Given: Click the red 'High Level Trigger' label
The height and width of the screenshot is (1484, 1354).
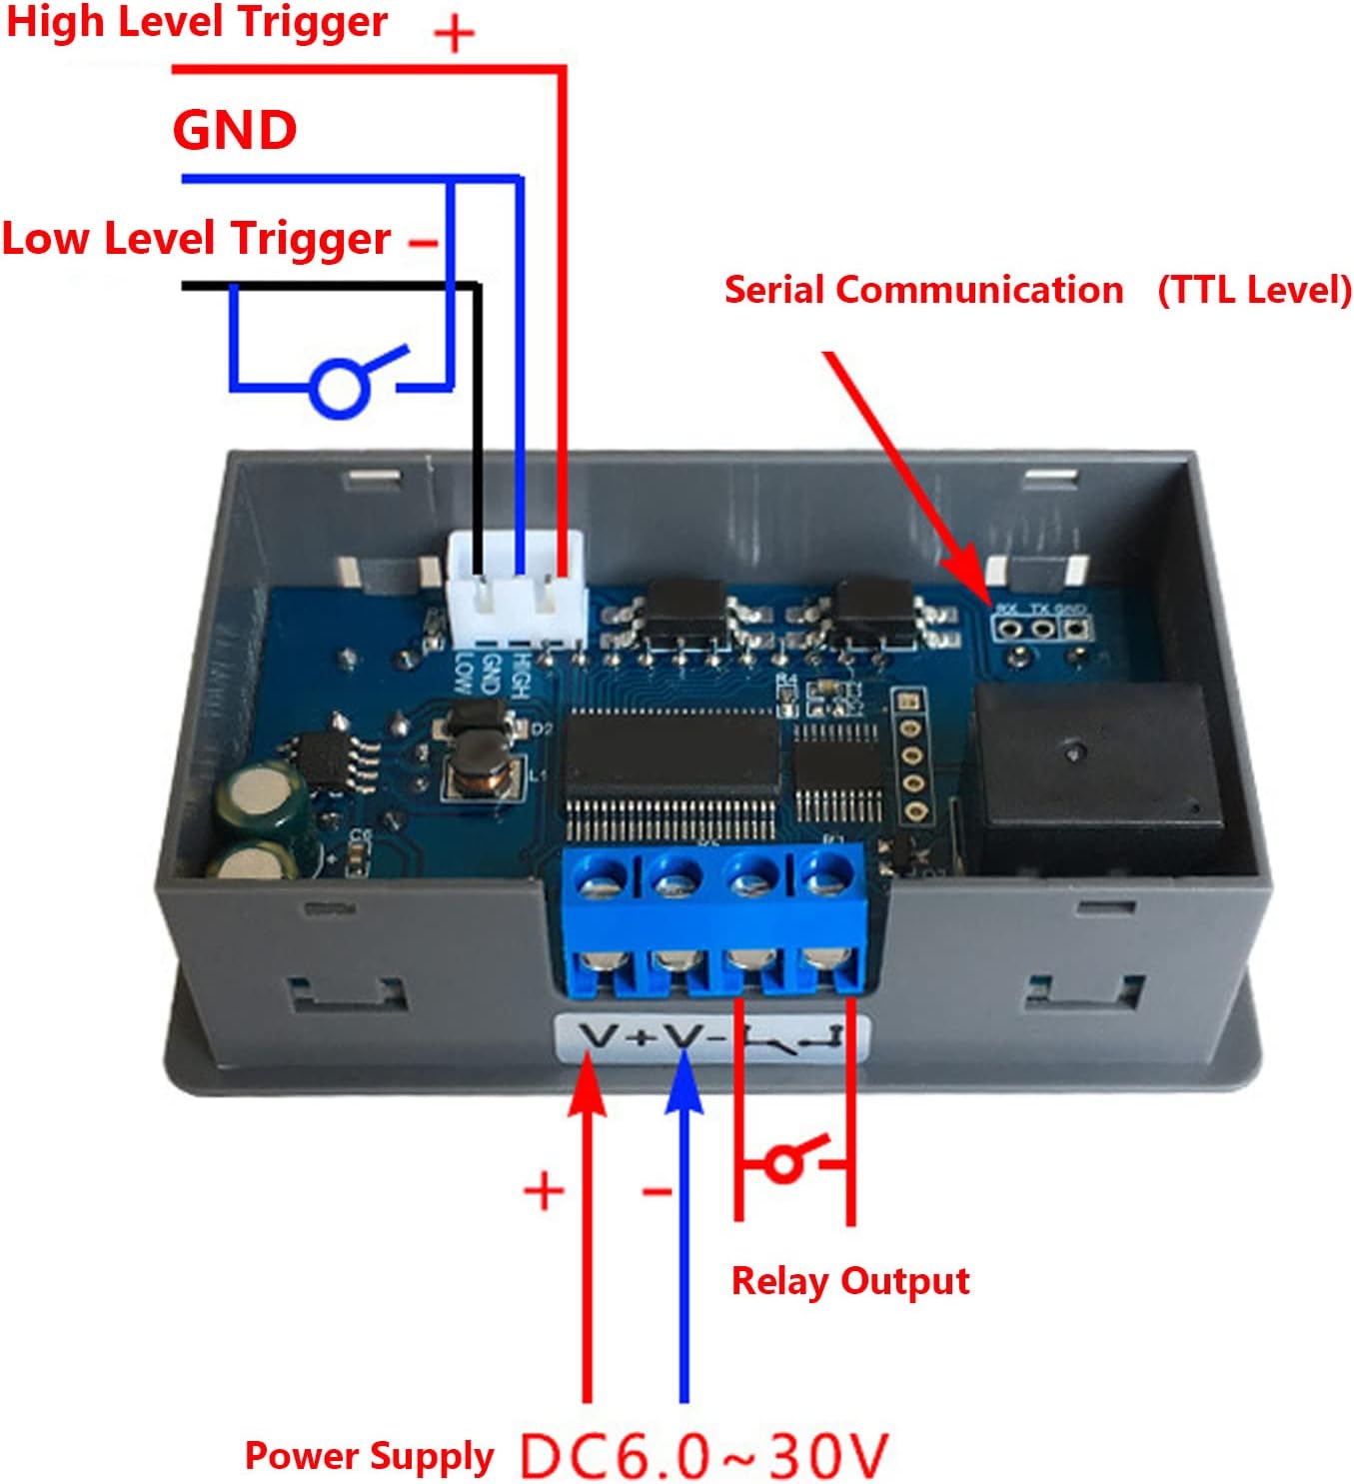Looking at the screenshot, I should point(197,23).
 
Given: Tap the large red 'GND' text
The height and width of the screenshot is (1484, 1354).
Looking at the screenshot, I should point(235,130).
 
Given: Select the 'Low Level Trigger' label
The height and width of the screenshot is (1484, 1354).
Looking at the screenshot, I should point(196,239).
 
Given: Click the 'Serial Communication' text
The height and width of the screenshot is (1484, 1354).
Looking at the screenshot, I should point(923,290).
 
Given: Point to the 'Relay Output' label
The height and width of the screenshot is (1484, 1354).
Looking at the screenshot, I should point(850,1281).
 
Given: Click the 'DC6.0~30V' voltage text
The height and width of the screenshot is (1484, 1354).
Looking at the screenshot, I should point(704,1455).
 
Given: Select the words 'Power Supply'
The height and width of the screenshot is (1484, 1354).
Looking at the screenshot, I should point(369,1456).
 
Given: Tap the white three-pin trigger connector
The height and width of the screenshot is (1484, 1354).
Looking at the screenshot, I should point(517,589).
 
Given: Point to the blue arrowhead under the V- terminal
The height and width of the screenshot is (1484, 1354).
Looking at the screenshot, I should point(684,1084).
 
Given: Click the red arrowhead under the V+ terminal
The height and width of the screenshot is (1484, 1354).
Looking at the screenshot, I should point(588,1084).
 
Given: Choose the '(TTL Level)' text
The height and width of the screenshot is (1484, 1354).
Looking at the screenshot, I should point(1254,290).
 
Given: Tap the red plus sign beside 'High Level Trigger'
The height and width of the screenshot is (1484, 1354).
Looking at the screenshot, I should point(455,35).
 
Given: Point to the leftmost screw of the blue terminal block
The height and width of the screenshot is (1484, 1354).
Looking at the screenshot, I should point(597,880).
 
